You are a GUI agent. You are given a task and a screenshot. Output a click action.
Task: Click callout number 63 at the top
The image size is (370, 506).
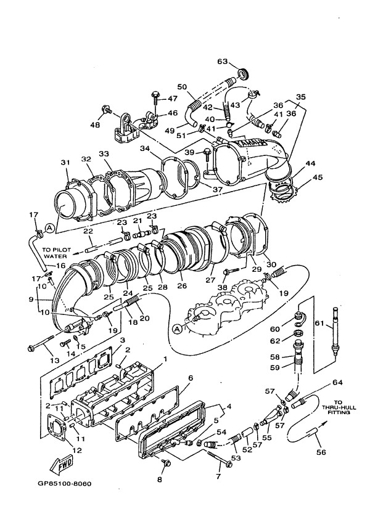pos(222,62)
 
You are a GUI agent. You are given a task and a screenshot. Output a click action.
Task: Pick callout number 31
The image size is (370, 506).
pos(65,163)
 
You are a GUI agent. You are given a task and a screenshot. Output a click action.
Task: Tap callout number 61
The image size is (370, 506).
pos(319,325)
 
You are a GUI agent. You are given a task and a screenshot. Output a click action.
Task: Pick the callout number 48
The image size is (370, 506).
pos(96,126)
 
